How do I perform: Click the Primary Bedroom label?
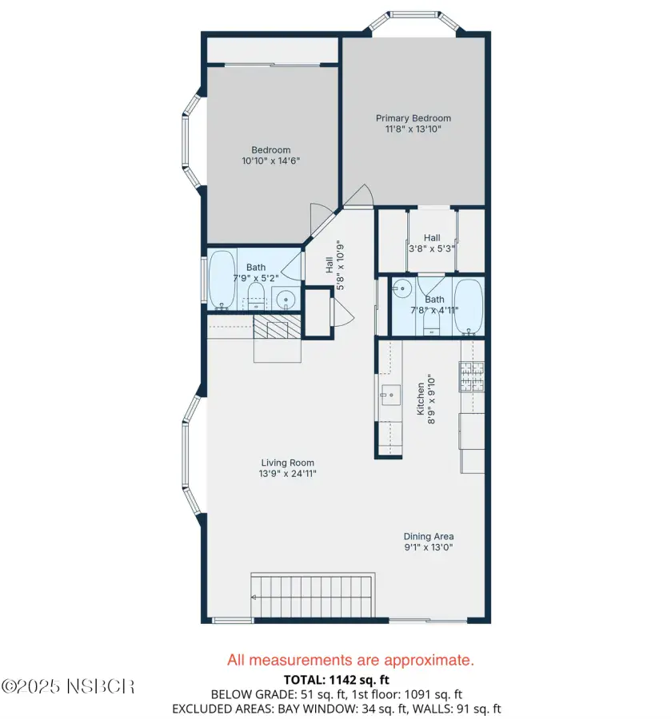413,118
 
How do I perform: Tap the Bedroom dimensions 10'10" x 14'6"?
271,161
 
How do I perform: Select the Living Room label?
288,463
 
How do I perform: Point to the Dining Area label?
429,537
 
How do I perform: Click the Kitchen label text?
421,399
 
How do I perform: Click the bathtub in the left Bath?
222,280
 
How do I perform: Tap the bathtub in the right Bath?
468,308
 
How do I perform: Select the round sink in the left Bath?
286,300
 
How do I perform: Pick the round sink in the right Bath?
401,288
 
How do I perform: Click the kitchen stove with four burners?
472,376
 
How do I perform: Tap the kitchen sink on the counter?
390,395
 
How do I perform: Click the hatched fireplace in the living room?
278,327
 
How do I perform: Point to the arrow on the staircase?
254,597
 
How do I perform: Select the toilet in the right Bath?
431,321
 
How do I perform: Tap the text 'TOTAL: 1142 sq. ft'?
337,680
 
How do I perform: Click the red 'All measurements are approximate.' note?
350,661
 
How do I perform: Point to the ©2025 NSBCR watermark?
68,686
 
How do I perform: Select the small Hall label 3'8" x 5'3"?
432,244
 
